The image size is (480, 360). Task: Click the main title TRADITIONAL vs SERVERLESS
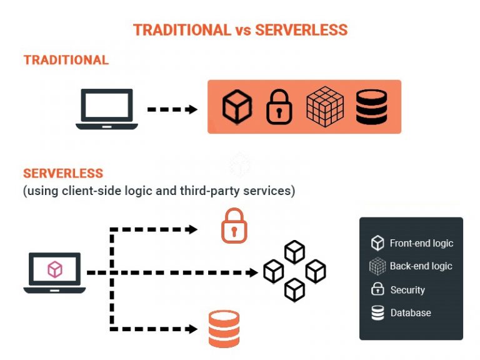tap(240, 29)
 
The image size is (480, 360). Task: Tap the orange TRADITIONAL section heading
tap(66, 60)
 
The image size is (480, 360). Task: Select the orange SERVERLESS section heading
tap(63, 173)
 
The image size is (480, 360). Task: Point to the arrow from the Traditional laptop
tap(172, 109)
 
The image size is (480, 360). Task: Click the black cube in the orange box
tap(237, 106)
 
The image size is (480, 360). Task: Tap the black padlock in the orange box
tap(279, 107)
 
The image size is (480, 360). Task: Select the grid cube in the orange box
tap(325, 106)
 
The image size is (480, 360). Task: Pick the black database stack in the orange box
tap(371, 106)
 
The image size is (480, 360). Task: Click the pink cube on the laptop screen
tap(55, 269)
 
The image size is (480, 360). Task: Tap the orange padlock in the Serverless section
tap(234, 226)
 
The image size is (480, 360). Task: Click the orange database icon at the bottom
tap(223, 329)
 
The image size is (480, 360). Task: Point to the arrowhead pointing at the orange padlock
tap(192, 229)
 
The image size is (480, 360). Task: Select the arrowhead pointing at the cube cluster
tap(253, 273)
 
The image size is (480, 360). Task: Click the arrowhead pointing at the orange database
tap(192, 328)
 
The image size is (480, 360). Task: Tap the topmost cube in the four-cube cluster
tap(294, 252)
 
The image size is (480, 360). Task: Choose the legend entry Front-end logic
tap(421, 243)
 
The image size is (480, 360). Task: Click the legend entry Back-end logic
tap(420, 266)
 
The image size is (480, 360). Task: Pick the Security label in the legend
tap(407, 290)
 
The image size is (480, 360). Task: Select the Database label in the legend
tap(410, 312)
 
